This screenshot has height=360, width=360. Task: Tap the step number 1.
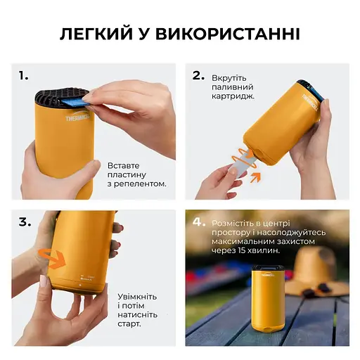(x=24, y=75)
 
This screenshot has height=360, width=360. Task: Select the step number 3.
(x=25, y=221)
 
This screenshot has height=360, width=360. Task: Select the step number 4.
(x=199, y=221)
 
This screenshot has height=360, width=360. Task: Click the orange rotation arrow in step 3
(x=51, y=257)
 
